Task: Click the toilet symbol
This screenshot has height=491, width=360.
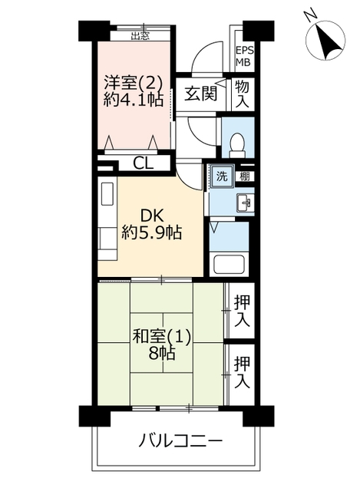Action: pos(237,145)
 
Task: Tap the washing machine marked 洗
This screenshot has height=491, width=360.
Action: pos(222,176)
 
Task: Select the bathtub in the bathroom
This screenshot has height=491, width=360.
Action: pos(229,265)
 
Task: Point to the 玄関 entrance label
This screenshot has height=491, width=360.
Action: pos(201,94)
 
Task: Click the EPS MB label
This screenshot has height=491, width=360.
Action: pos(244,56)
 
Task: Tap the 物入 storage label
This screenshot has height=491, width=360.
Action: pos(243,94)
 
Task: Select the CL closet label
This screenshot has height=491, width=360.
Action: pos(144,163)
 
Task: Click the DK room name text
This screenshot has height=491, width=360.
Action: pos(152,216)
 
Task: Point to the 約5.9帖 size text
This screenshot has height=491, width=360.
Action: pos(152,233)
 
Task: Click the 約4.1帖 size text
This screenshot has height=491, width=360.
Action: pos(133,101)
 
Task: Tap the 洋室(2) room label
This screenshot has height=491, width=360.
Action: pos(133,84)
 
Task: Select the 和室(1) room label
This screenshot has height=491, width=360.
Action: pos(161,337)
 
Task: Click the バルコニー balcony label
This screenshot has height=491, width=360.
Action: pos(180,442)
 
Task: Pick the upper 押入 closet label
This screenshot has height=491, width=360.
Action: pos(243,311)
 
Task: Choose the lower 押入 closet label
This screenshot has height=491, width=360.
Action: pos(243,372)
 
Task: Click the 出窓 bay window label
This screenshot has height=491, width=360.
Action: pos(140,36)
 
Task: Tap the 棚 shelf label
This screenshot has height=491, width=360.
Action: pos(245,176)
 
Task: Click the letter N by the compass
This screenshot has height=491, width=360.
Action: pos(311,16)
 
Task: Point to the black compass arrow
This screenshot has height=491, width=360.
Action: pos(328,41)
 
